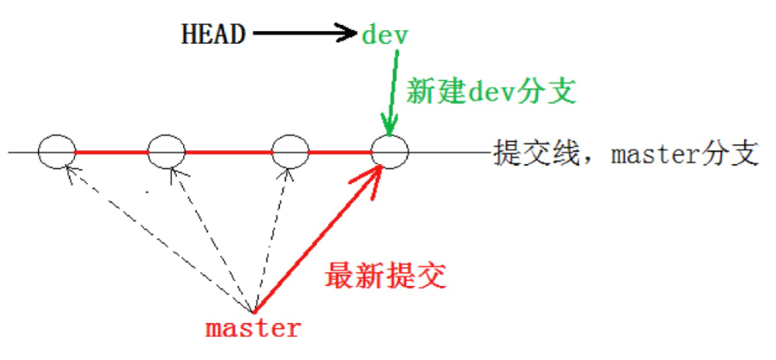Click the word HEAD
[213, 34]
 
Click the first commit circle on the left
[58, 153]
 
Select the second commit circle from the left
[167, 153]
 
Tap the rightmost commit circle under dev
[390, 153]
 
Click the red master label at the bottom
[254, 327]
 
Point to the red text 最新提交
[386, 277]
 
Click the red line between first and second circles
[112, 153]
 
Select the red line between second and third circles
[228, 153]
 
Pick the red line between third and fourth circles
[339, 153]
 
